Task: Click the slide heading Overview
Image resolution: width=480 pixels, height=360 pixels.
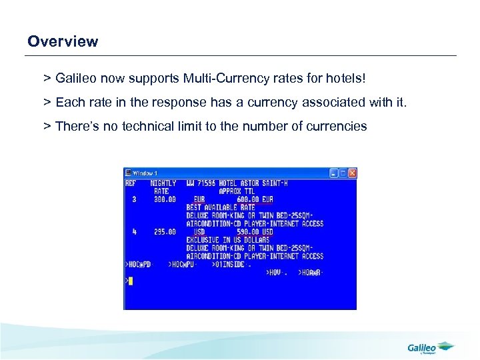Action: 63,41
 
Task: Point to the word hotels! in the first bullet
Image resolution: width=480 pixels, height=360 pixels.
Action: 345,79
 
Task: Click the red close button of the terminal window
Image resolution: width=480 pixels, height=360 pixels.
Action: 352,173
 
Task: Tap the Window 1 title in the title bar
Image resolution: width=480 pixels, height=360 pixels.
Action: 146,173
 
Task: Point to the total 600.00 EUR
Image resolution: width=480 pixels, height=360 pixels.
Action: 254,199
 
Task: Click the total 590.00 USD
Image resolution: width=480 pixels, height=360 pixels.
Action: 254,232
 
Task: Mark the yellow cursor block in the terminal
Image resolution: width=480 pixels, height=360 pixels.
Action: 131,281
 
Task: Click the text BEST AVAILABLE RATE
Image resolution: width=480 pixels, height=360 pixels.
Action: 221,207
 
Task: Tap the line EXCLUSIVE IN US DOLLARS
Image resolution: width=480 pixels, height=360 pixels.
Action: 227,240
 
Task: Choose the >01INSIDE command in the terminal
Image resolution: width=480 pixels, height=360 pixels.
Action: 232,265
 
